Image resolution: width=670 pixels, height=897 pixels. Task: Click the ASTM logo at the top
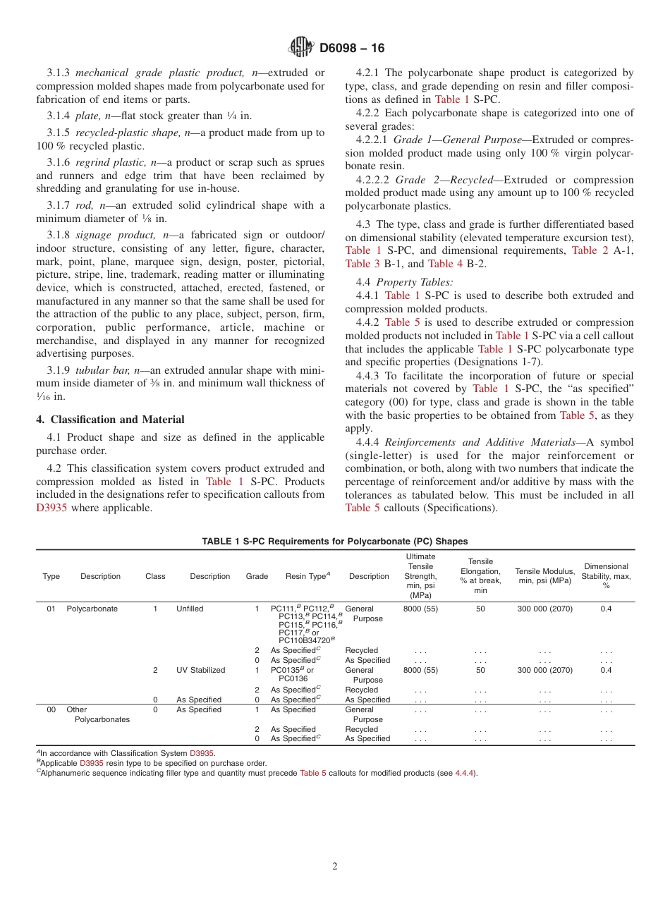301,48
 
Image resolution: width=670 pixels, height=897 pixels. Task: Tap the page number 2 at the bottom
335,867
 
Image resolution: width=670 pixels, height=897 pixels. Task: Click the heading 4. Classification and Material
110,419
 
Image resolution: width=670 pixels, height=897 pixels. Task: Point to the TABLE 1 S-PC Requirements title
334,542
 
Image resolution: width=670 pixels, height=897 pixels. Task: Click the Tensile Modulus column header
544,575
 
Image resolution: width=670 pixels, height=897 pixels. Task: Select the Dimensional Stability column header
606,575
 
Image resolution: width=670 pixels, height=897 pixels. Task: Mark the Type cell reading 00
51,710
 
